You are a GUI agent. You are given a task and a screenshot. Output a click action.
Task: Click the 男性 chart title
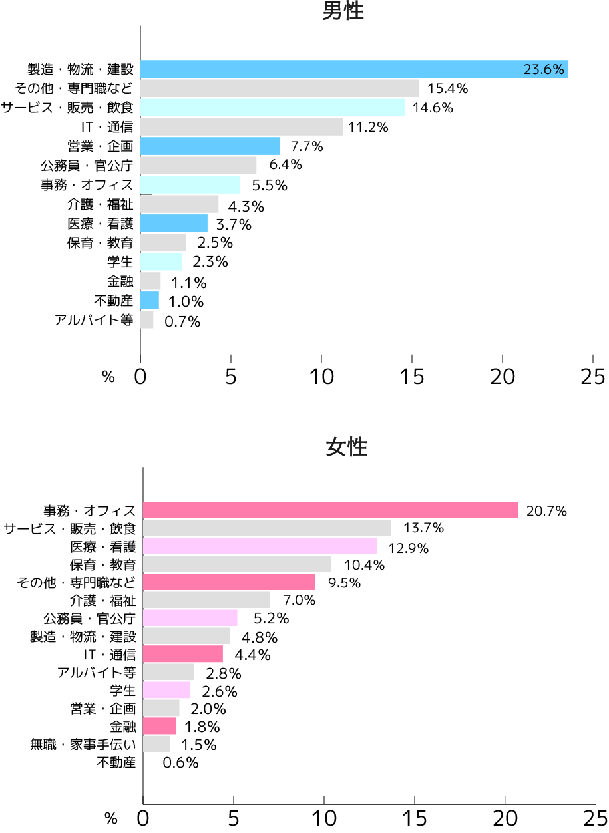[343, 11]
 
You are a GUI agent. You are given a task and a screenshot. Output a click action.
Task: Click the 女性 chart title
[346, 447]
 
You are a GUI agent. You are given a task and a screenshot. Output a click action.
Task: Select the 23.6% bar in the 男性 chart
[353, 69]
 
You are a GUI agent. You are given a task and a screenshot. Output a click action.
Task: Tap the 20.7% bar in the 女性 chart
[330, 510]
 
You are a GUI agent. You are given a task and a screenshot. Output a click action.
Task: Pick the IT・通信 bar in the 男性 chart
[242, 127]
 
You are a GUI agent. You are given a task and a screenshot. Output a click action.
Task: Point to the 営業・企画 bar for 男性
[210, 146]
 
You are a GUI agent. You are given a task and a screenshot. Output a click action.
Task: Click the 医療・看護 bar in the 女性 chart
[260, 547]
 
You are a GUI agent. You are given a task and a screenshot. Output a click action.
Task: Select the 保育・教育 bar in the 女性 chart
[237, 564]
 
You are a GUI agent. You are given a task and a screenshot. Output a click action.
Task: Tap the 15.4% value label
[447, 88]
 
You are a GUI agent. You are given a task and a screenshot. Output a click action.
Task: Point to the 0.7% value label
[182, 322]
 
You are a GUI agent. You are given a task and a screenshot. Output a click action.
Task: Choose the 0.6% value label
[180, 763]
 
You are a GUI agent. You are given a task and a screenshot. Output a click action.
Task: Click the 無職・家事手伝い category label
[83, 745]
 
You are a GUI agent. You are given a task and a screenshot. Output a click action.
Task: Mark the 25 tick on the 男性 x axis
[592, 377]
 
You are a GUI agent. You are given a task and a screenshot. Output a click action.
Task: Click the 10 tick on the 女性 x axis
[324, 817]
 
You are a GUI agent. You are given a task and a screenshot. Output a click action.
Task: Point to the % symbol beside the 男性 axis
[108, 377]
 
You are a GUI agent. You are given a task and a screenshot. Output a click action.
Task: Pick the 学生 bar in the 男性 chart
[161, 261]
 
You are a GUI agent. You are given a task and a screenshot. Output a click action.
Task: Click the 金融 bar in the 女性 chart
[160, 726]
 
